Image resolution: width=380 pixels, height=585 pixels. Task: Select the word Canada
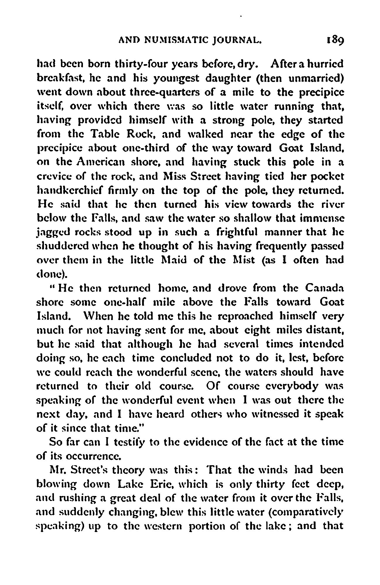tap(324, 289)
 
